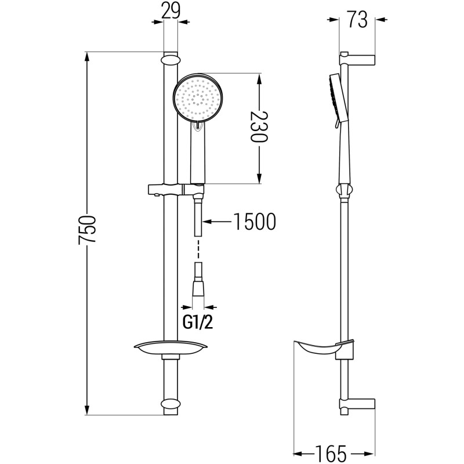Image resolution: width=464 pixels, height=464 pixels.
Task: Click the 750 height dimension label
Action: click(88, 230)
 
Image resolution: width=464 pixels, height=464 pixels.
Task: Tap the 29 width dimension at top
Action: click(171, 10)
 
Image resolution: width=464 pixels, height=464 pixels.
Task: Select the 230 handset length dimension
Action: click(259, 126)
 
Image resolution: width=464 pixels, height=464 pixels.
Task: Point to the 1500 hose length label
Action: click(255, 222)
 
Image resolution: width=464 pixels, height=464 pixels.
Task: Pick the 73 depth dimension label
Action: click(357, 20)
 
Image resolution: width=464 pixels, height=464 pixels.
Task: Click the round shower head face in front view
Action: click(198, 97)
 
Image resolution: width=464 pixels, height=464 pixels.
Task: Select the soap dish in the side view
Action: click(322, 349)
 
